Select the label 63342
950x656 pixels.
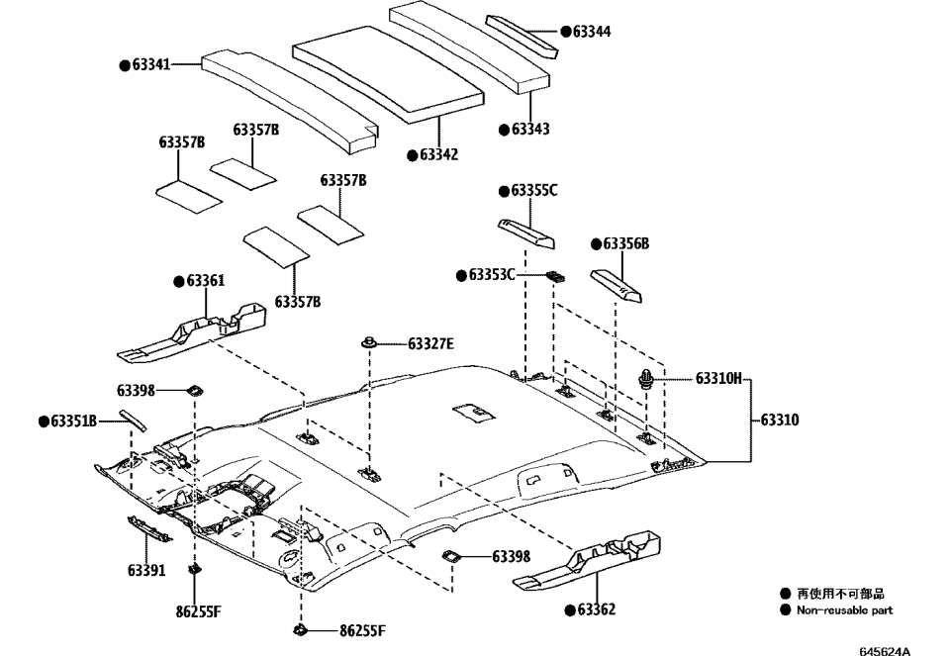click(x=438, y=154)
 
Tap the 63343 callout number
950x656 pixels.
click(x=530, y=129)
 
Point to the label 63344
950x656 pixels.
click(x=591, y=32)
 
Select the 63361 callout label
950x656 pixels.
click(x=205, y=281)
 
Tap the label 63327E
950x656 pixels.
click(x=430, y=344)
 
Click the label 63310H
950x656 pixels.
click(x=718, y=378)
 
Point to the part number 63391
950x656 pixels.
click(x=146, y=570)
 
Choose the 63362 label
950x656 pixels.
click(x=596, y=609)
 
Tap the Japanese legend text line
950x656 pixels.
click(x=840, y=594)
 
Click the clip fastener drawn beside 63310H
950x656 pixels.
click(x=645, y=377)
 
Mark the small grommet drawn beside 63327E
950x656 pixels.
click(x=368, y=342)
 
